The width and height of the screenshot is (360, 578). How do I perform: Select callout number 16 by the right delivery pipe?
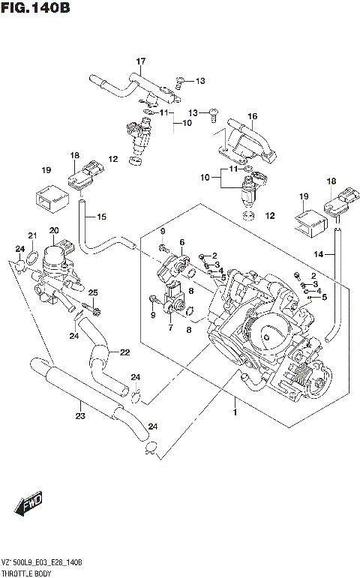[253, 116]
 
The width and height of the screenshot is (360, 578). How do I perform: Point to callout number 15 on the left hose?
[101, 217]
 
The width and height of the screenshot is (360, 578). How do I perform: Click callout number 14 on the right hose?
[319, 255]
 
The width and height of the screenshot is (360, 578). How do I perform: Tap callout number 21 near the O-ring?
[32, 235]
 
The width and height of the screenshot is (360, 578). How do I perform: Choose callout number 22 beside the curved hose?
[124, 352]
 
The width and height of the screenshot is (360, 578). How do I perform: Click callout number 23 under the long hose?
[80, 416]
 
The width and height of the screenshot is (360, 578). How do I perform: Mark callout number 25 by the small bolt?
[93, 292]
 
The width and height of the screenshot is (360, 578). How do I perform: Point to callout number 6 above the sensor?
[181, 241]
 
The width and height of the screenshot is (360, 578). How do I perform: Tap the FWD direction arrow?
[29, 505]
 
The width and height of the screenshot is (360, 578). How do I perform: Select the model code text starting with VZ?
[42, 562]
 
